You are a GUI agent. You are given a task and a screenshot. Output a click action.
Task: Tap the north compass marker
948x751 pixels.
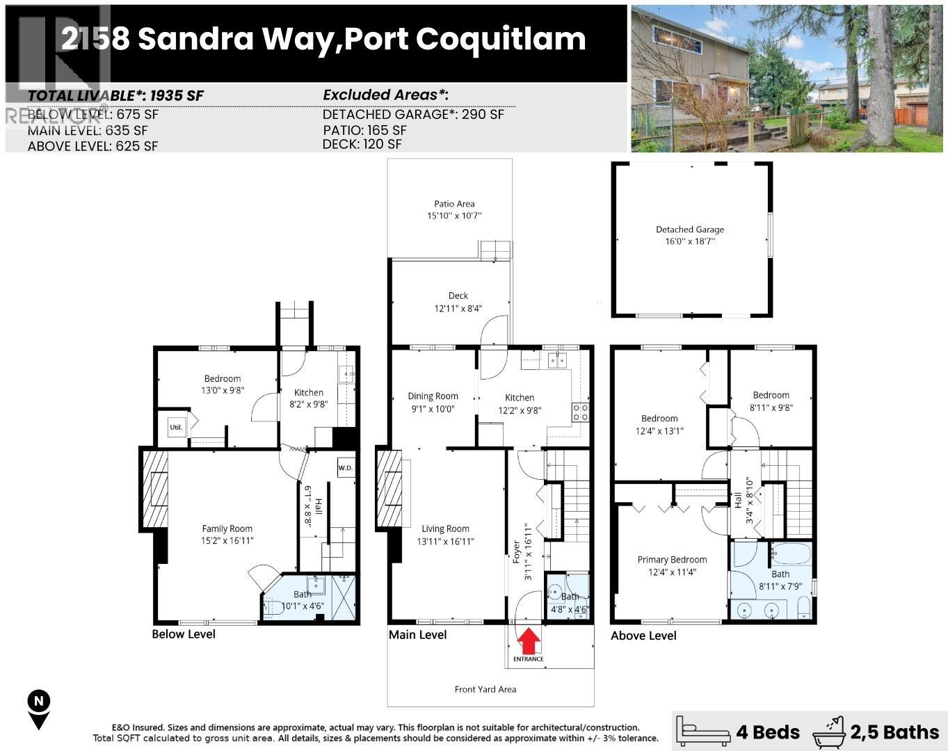[39, 709]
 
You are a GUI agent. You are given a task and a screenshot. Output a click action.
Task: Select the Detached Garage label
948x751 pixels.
[690, 229]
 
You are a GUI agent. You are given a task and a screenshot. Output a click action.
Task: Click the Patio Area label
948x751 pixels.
[454, 204]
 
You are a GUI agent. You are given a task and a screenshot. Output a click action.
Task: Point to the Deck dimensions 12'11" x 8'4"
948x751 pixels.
[458, 308]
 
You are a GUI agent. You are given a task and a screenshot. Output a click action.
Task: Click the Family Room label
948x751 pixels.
[227, 528]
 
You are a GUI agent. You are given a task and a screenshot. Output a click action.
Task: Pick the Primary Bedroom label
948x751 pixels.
[672, 560]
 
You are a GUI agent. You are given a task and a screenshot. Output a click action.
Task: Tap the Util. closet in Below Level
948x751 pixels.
[177, 427]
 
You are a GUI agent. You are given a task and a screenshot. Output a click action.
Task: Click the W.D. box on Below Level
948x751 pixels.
[346, 468]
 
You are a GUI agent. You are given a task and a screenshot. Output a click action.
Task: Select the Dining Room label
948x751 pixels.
[433, 396]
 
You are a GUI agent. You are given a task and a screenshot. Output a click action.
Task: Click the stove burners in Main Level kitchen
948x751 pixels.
[580, 412]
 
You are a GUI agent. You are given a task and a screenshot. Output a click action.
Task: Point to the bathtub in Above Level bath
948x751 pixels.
[791, 555]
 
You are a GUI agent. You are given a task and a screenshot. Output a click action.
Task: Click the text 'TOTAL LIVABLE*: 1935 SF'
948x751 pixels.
[115, 96]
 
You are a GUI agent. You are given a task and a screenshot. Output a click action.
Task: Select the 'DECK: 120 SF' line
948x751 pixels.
[362, 144]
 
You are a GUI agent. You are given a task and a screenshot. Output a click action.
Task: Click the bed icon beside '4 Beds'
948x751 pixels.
[703, 732]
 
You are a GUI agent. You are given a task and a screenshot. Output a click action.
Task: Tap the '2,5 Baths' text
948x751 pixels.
[894, 732]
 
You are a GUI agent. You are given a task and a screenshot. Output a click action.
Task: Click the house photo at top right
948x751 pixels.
[787, 79]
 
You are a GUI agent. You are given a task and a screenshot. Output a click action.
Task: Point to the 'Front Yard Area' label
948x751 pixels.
[485, 689]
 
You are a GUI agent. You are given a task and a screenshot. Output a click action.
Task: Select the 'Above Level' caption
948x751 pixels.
[643, 636]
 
